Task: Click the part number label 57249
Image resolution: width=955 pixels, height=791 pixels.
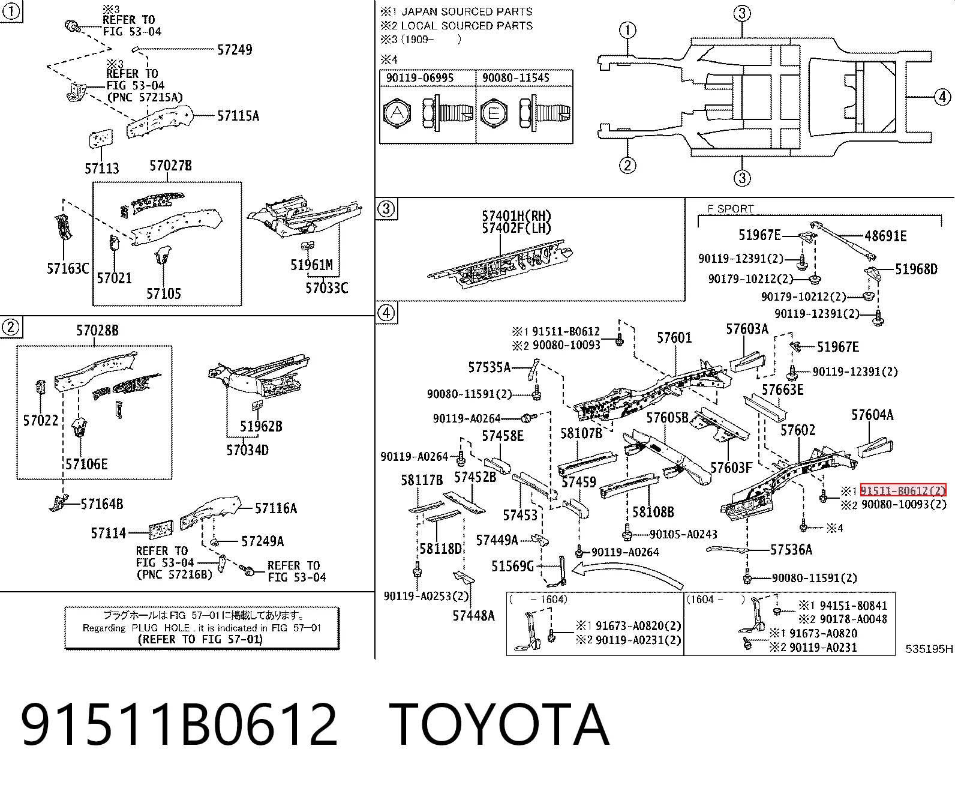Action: (x=235, y=49)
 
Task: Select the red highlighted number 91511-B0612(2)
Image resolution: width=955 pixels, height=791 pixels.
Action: (x=903, y=491)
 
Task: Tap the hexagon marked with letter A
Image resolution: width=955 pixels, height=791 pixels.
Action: (x=397, y=113)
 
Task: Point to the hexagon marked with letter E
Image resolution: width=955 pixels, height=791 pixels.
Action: (x=494, y=113)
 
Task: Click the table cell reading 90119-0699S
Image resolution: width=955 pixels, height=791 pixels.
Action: (x=420, y=78)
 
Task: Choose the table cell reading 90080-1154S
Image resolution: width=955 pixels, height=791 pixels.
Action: (x=516, y=78)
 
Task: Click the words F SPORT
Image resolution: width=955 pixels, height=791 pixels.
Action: (x=731, y=209)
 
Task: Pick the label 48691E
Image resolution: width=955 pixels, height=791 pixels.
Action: (x=885, y=236)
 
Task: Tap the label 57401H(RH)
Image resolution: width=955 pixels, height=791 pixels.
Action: (x=516, y=215)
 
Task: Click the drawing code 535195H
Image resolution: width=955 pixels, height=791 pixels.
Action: (x=929, y=649)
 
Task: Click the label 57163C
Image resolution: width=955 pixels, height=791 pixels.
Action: (x=68, y=269)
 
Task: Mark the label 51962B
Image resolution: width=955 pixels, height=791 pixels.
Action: (x=261, y=427)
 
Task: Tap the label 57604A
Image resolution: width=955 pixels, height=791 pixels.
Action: (x=872, y=415)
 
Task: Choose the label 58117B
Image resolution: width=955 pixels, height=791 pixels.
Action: (x=422, y=480)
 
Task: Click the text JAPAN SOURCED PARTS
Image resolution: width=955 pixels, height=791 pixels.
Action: (x=467, y=11)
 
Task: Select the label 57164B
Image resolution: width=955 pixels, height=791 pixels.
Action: (x=102, y=504)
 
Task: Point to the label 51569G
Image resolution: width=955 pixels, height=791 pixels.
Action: (x=512, y=567)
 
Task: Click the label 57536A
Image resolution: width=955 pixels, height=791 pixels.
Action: (x=791, y=550)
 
